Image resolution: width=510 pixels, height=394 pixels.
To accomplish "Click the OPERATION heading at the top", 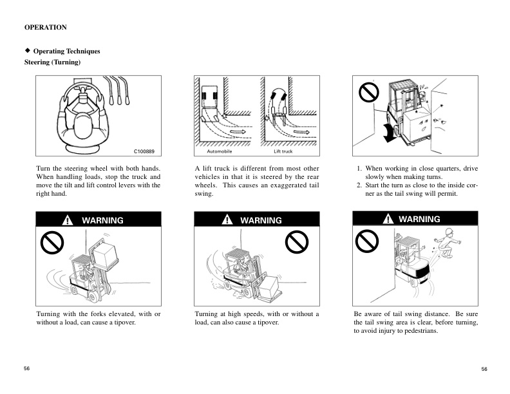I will pyautogui.click(x=45, y=28).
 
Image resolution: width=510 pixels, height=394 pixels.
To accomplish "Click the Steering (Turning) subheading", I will pyautogui.click(x=52, y=62).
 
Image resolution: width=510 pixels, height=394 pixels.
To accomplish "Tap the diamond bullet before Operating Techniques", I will pyautogui.click(x=27, y=50).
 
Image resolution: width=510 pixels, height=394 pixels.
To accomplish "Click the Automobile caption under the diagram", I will pyautogui.click(x=219, y=152).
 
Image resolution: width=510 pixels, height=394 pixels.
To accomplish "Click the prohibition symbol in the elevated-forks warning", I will pyautogui.click(x=51, y=243).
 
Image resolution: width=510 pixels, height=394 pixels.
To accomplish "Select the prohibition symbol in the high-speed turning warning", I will pyautogui.click(x=295, y=243).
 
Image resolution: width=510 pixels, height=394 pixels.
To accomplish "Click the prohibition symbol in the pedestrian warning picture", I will pyautogui.click(x=366, y=241).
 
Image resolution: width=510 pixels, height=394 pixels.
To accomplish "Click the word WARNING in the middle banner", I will pyautogui.click(x=261, y=220).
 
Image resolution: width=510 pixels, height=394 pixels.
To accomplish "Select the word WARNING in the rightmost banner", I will pyautogui.click(x=419, y=219).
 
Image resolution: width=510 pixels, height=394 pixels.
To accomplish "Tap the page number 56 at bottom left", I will pyautogui.click(x=27, y=368).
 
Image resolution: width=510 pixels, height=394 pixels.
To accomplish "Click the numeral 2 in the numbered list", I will pyautogui.click(x=359, y=185).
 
